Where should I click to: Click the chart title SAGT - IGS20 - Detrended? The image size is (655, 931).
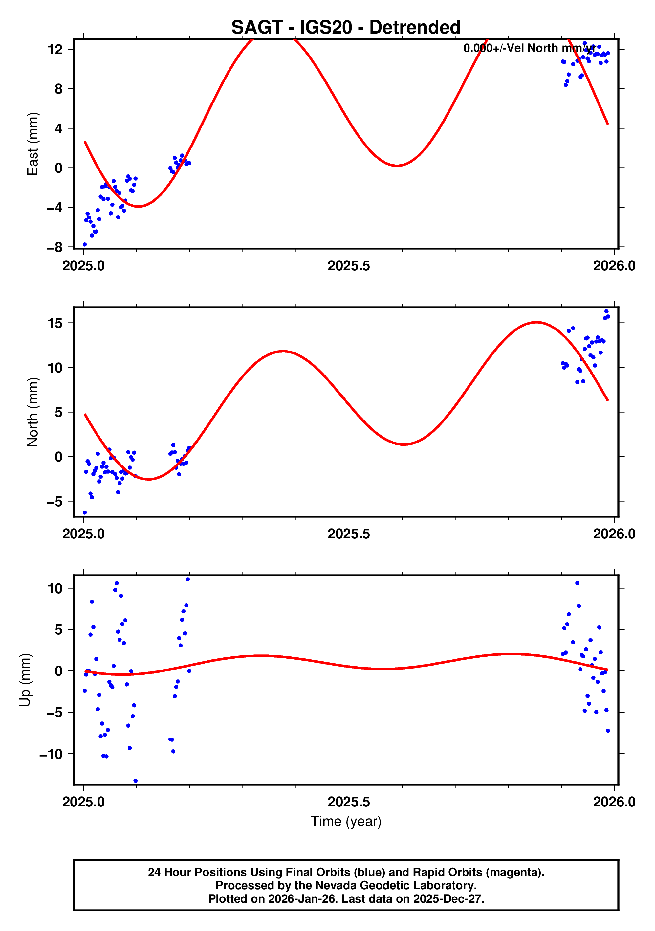click(x=346, y=28)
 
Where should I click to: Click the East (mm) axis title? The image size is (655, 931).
click(x=33, y=144)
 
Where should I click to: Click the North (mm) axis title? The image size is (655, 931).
click(x=33, y=412)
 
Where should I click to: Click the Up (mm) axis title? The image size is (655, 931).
click(x=25, y=680)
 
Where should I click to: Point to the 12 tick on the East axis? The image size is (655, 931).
click(x=55, y=50)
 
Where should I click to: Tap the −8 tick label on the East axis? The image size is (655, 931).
click(x=55, y=247)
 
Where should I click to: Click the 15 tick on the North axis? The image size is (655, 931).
click(x=55, y=323)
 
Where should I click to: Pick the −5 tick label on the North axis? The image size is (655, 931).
click(x=55, y=502)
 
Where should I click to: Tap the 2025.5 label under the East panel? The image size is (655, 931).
click(x=349, y=266)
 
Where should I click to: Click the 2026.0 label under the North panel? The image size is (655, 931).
click(x=614, y=534)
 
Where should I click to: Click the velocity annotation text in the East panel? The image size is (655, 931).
click(x=529, y=48)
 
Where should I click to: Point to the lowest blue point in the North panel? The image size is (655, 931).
click(x=85, y=512)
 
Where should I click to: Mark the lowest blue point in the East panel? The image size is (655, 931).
click(x=85, y=244)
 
